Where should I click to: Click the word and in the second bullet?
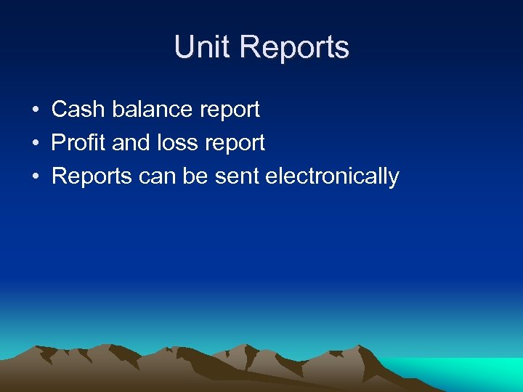131,143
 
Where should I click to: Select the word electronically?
333,176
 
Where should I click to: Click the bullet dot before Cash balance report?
35,110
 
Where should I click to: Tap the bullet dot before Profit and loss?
35,144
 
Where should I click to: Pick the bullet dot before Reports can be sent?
35,177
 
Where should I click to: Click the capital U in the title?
183,47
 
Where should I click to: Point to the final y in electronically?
394,179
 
